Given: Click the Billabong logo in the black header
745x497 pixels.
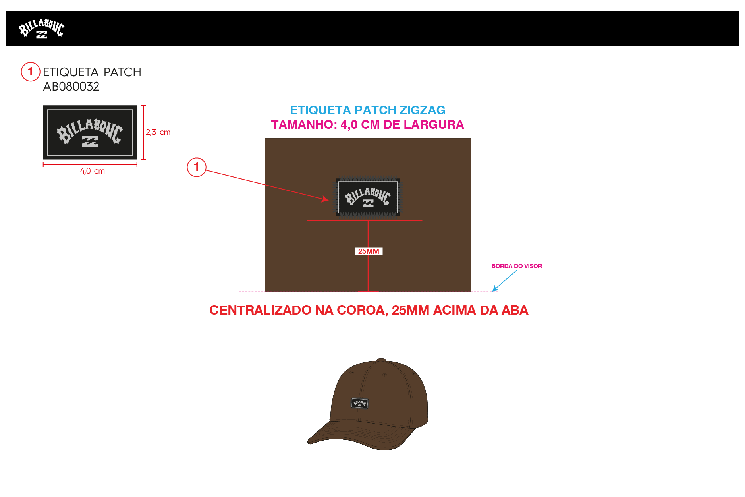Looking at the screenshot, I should (x=41, y=29).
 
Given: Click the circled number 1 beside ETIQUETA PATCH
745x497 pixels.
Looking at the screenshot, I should (x=30, y=72).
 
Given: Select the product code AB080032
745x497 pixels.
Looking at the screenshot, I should (x=71, y=87).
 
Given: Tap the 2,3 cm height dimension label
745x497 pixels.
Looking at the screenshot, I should (x=158, y=132).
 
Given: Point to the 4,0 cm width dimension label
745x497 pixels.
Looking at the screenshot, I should (x=93, y=171).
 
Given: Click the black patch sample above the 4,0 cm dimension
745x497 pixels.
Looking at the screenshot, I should (x=90, y=132).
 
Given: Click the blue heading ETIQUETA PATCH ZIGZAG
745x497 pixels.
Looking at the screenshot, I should (x=367, y=110).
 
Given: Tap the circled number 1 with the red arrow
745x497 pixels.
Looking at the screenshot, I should (x=196, y=167).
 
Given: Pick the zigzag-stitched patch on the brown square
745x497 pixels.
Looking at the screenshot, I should (x=368, y=197).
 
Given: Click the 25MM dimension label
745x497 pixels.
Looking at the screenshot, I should (x=368, y=251).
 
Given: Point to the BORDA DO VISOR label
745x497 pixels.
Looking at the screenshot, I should (x=516, y=266).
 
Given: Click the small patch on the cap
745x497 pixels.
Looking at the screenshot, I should (x=360, y=404).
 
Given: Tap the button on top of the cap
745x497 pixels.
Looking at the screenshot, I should (x=381, y=360).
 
